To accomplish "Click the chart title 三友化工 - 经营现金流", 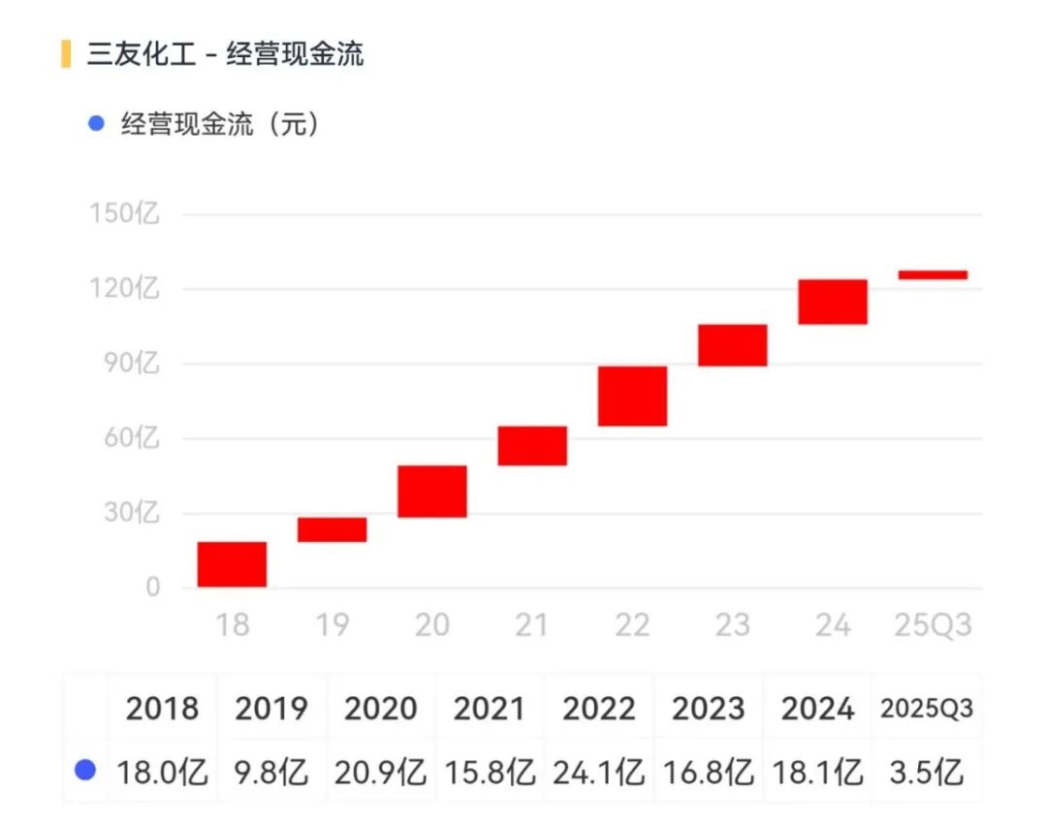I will click(x=225, y=54).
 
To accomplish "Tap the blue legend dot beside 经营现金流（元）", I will click(x=95, y=124).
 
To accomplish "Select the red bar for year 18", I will click(x=232, y=564).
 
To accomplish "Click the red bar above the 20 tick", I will click(x=431, y=492).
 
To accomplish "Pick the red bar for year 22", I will click(x=632, y=397).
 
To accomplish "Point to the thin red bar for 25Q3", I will click(x=933, y=275).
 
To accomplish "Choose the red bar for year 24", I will click(x=832, y=301).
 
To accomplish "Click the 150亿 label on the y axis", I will click(x=125, y=213).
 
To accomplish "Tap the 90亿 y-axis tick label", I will click(x=130, y=364).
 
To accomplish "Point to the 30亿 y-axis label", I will click(x=130, y=513).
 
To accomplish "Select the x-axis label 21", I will click(x=531, y=626).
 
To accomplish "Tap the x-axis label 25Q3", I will click(x=932, y=626).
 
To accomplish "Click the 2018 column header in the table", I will click(x=162, y=709).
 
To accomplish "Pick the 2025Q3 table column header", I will click(x=926, y=709).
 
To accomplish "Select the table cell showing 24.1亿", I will click(x=599, y=773).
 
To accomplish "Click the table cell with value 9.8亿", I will click(x=271, y=773).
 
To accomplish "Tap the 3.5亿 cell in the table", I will click(x=926, y=773).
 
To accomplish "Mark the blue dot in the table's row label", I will click(x=85, y=771).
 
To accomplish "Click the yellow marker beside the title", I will click(x=66, y=54).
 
